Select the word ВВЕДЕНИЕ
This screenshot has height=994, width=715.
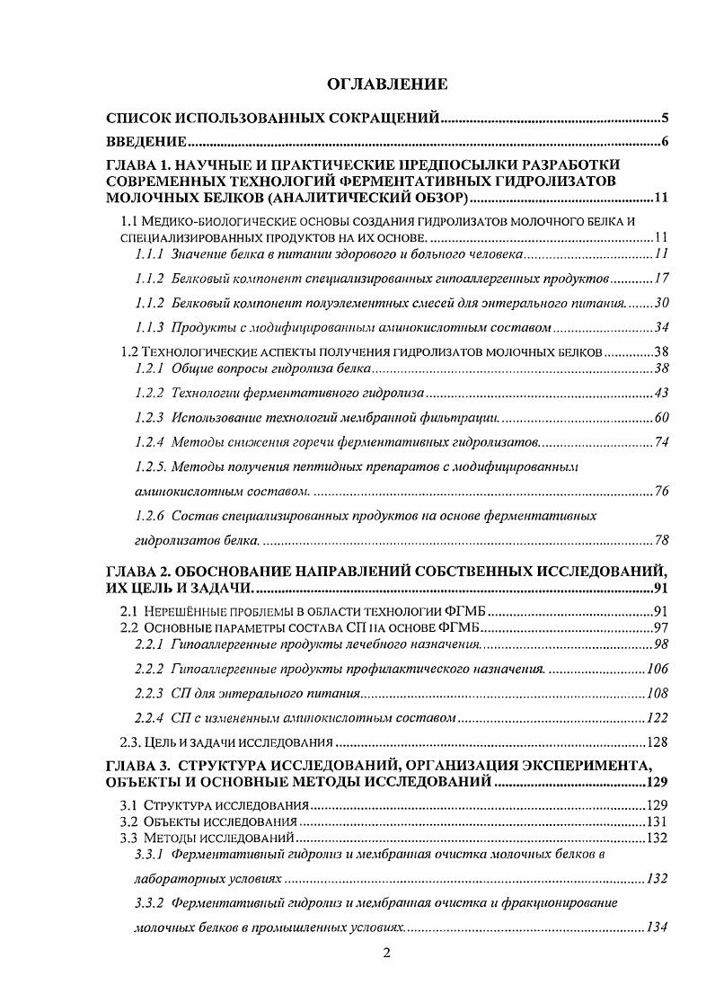[x=146, y=141]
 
